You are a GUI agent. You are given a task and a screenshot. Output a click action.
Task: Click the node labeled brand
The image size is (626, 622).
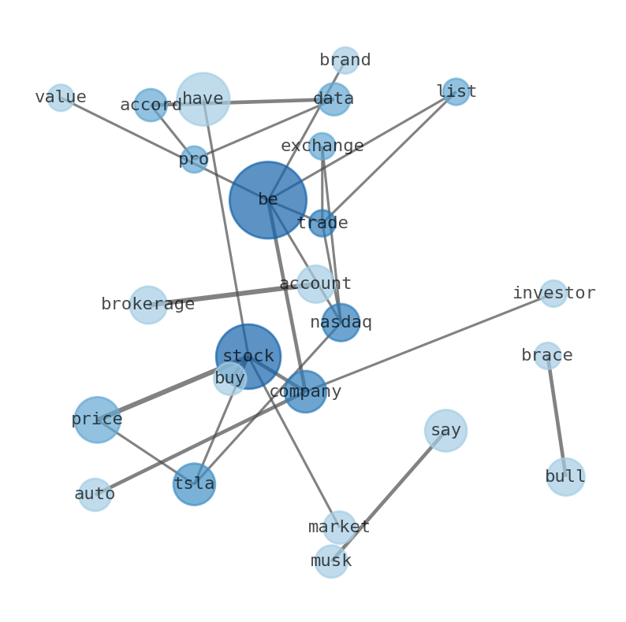[345, 61]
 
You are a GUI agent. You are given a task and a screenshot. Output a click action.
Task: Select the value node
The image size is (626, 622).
[61, 98]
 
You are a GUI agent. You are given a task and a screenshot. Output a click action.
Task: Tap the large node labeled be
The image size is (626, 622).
[268, 200]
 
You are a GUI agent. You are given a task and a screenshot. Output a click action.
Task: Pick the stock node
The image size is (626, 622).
[248, 357]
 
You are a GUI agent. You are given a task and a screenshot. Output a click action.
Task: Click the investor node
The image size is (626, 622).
[553, 294]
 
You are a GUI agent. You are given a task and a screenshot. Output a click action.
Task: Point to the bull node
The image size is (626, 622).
[565, 477]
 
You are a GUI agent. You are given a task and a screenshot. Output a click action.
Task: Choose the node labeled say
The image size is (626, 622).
[445, 431]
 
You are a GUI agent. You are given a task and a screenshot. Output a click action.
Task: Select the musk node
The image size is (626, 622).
[331, 561]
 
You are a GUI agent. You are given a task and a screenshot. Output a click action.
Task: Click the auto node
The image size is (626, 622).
[95, 494]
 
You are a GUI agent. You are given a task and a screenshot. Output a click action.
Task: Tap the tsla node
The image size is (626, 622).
[194, 484]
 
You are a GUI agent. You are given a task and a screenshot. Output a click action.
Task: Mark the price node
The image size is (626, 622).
[97, 420]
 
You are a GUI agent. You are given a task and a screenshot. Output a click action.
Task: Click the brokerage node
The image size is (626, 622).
[148, 305]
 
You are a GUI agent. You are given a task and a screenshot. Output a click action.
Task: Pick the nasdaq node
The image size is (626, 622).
[341, 323]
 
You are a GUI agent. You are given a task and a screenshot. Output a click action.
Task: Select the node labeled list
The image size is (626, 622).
[456, 92]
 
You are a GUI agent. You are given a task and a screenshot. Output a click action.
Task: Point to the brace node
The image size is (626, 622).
[547, 356]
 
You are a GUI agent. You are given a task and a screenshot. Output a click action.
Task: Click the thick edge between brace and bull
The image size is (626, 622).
[557, 417]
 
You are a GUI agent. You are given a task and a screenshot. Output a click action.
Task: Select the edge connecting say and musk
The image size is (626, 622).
[394, 488]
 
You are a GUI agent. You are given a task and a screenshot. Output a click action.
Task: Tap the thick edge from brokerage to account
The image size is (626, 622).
[229, 294]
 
